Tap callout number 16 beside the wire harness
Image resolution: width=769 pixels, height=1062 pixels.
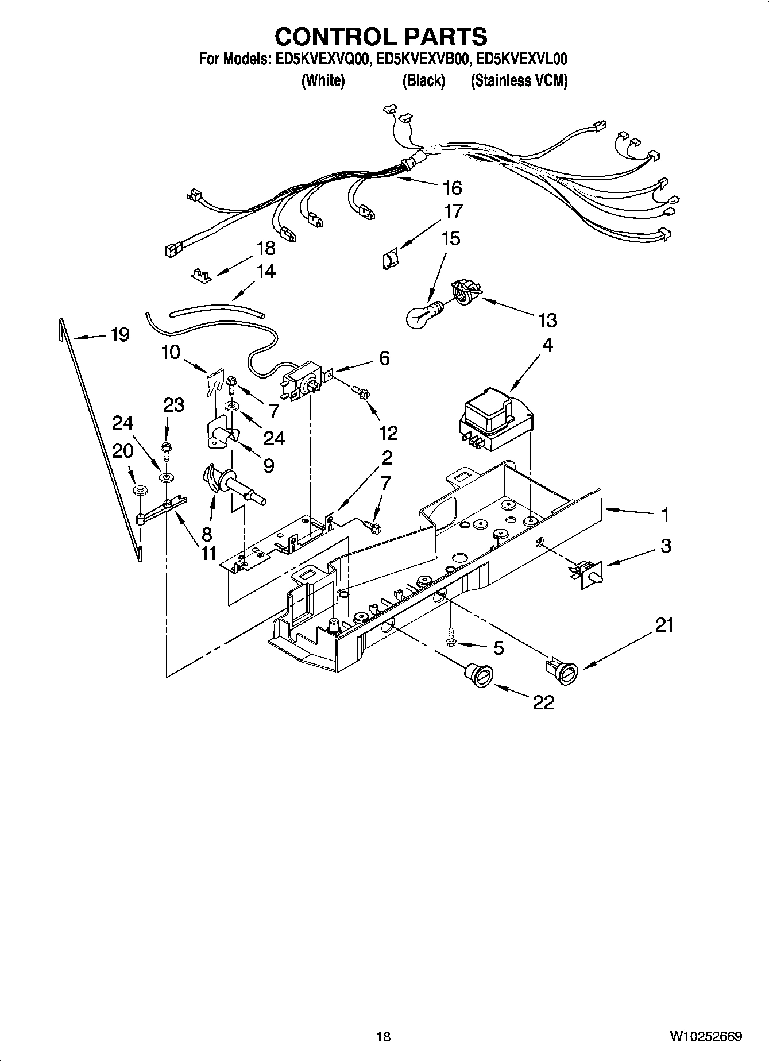tap(452, 188)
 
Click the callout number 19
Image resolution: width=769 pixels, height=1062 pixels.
tap(120, 334)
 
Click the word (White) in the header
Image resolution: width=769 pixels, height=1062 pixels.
tap(323, 81)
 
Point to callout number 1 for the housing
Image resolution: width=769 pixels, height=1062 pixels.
tap(665, 515)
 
